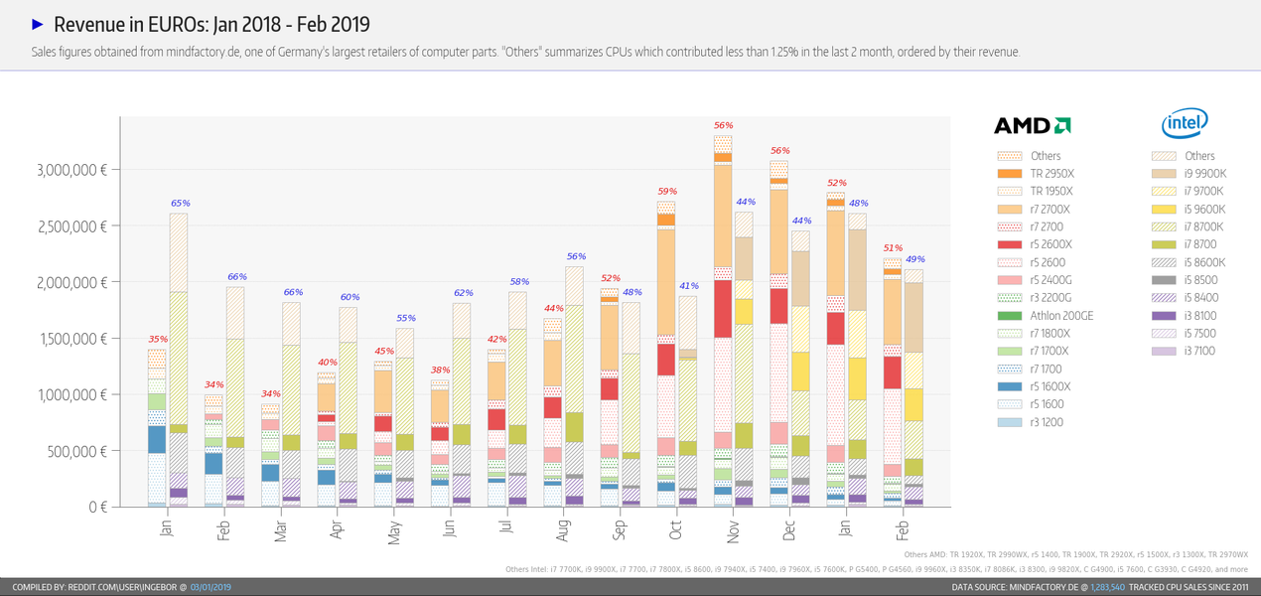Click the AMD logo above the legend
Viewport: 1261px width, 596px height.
click(x=1032, y=125)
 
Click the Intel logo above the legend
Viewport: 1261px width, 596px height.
click(x=1184, y=123)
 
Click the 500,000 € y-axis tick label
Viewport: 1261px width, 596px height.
click(x=72, y=451)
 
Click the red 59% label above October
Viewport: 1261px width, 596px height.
click(x=667, y=191)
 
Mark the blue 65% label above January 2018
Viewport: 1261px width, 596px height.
click(x=180, y=203)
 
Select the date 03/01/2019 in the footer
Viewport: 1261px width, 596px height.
click(x=210, y=587)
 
